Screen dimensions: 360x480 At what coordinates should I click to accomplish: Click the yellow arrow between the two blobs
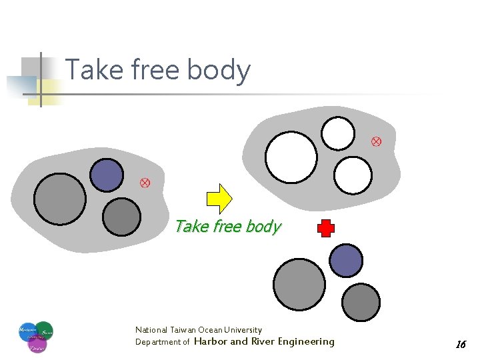(x=219, y=197)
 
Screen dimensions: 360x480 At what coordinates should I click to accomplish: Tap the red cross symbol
(x=325, y=229)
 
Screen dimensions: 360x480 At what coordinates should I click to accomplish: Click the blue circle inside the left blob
(x=106, y=175)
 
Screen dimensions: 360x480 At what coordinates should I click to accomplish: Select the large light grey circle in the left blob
(x=60, y=199)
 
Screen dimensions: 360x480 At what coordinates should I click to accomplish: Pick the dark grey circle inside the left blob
(x=122, y=217)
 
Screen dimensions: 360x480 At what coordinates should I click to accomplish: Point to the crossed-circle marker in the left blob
(x=145, y=183)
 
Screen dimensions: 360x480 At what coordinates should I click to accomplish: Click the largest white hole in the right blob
(x=291, y=157)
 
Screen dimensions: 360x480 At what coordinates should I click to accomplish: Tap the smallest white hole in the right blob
(x=338, y=133)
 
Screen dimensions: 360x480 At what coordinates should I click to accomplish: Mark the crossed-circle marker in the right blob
(x=376, y=141)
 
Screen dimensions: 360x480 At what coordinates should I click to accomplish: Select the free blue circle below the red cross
(x=347, y=260)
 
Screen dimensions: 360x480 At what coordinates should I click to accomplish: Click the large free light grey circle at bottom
(x=299, y=284)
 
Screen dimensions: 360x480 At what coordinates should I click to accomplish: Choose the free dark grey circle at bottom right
(x=361, y=302)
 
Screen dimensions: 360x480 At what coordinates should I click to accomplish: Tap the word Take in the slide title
(x=91, y=70)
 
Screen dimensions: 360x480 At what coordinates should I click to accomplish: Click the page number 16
(x=460, y=345)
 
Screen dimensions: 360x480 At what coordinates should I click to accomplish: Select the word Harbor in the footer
(x=210, y=341)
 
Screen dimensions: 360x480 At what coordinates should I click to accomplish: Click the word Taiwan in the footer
(x=182, y=330)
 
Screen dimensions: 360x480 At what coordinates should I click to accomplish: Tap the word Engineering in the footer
(x=306, y=341)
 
